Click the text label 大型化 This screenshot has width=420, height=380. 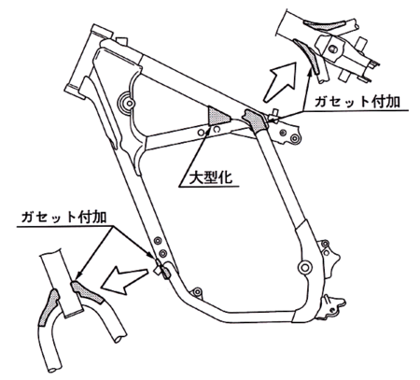coord(211,177)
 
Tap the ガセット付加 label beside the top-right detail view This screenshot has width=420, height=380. coord(357,102)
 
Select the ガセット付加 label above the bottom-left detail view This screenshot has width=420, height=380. coord(63,218)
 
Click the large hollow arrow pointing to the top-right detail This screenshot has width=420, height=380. coord(280,82)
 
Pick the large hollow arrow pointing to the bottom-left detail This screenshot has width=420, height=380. coord(124,278)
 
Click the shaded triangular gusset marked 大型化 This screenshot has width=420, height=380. coord(218,116)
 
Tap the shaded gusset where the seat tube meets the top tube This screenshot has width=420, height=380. coord(255,120)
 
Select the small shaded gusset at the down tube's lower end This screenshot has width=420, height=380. coord(166,273)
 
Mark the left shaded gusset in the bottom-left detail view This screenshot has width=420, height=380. coord(49,307)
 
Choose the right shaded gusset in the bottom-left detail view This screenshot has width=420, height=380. coord(87,292)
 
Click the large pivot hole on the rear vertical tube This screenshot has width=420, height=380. coord(304,267)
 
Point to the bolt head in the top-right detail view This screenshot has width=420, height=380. coord(332,49)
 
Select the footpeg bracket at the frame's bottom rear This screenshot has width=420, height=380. coord(332,306)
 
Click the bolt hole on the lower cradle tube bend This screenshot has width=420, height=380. coord(197,292)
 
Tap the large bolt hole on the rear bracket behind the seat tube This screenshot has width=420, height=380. coord(294,137)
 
